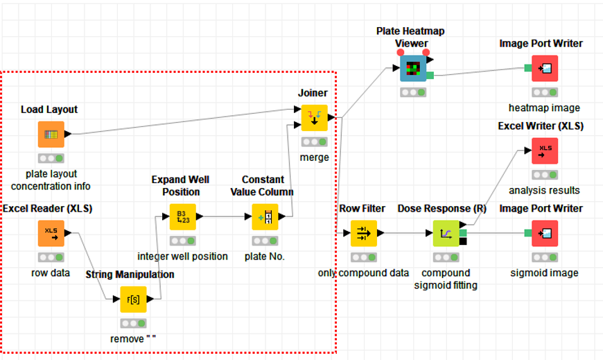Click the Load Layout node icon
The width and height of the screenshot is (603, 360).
coord(51,135)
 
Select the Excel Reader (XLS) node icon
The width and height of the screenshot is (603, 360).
coord(51,234)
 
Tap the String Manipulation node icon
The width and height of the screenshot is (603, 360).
coord(133,300)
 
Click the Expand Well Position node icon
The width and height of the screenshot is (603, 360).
coord(183,217)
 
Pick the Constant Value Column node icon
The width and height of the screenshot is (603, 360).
coord(265,217)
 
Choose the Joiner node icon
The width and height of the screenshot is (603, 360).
coord(314,118)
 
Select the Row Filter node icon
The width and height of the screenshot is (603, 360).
coord(363,234)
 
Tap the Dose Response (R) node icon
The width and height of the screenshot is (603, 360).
coord(446,234)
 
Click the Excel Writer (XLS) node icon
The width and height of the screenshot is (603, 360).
coord(545,151)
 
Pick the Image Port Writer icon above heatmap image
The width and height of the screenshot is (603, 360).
coord(545,69)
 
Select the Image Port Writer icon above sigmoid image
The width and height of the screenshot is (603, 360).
coord(545,234)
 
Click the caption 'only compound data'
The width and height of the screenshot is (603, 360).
coord(364,273)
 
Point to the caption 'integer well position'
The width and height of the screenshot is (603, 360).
coord(183,256)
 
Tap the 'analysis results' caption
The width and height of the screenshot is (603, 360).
coord(545,190)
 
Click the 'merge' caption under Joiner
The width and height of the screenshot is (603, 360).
coord(314,157)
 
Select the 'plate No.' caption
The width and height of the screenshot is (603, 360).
coord(265,256)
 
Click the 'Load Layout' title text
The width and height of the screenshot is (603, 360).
coord(49,109)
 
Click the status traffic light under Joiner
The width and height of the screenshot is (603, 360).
coord(314,142)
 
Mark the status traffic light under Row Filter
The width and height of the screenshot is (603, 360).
coord(363,257)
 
